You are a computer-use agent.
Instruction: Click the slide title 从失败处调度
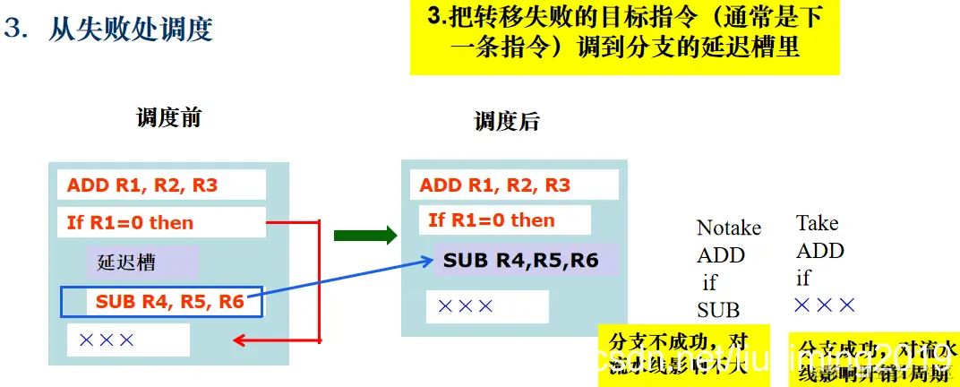click(130, 30)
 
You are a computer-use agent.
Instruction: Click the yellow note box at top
click(624, 37)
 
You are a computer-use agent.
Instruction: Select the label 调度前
click(168, 118)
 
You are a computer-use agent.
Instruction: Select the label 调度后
click(507, 121)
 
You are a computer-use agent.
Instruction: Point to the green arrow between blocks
click(364, 236)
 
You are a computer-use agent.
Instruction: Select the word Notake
click(729, 228)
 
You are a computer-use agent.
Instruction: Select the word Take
click(817, 222)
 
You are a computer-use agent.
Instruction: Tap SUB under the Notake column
click(718, 310)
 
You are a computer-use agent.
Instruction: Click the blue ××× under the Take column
click(825, 305)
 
